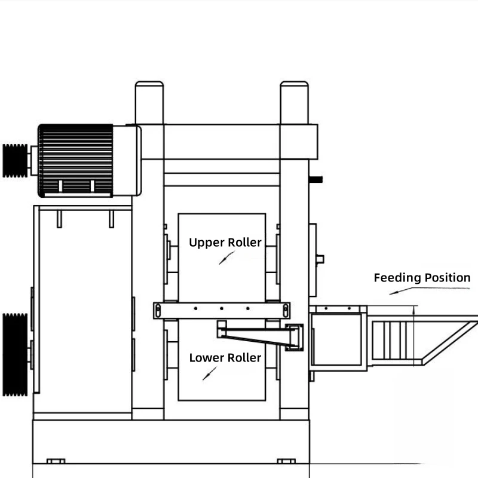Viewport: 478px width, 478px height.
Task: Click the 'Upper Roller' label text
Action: (x=225, y=243)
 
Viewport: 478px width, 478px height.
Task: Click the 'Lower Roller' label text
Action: (x=225, y=358)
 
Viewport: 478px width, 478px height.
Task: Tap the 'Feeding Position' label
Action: (x=422, y=278)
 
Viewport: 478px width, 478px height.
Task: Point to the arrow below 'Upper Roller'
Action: (x=227, y=258)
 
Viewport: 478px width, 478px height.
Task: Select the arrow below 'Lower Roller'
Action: (x=210, y=373)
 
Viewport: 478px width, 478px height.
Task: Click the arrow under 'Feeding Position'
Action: (x=430, y=290)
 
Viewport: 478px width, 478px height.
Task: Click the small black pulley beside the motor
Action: (x=15, y=161)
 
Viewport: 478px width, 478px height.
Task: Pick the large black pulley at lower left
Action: (x=15, y=354)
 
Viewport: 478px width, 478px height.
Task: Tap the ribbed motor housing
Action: (x=75, y=160)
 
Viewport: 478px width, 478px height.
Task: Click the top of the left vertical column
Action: (x=149, y=84)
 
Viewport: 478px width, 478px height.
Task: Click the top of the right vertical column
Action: (x=294, y=84)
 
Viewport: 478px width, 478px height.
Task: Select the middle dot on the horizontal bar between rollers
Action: (x=222, y=308)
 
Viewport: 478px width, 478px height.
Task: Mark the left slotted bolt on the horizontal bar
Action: (x=158, y=311)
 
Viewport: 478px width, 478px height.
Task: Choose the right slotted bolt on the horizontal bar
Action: (x=286, y=311)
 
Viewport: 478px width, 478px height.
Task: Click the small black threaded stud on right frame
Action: (x=316, y=180)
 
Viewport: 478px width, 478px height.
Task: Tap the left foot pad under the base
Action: (x=56, y=461)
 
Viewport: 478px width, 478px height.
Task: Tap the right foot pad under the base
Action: (x=286, y=461)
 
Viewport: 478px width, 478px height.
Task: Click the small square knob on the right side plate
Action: (x=320, y=259)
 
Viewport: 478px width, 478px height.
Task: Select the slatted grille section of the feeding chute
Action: (x=390, y=340)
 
